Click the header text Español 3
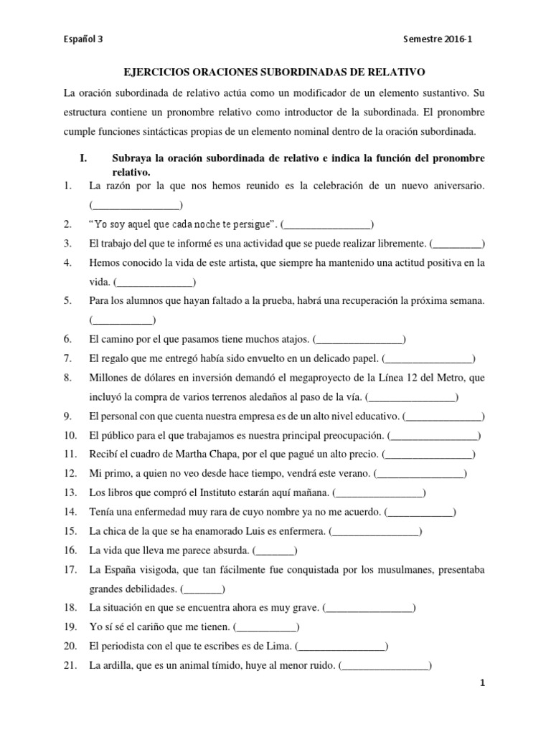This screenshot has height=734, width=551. pos(83,41)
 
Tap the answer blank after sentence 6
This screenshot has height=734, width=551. pos(360,338)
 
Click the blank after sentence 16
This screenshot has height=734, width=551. pos(275,550)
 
